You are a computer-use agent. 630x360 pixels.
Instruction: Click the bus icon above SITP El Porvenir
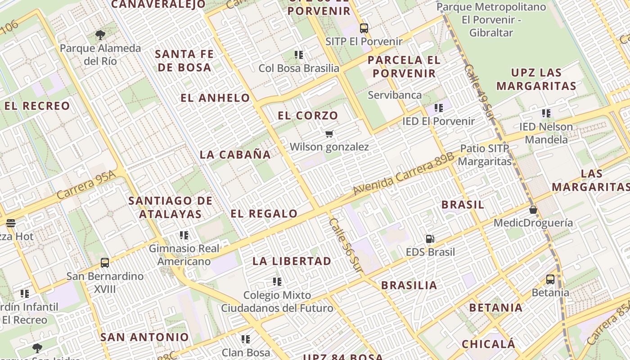click(364, 28)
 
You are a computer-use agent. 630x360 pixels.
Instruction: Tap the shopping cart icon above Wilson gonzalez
click(329, 134)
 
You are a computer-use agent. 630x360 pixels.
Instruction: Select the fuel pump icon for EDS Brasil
click(430, 239)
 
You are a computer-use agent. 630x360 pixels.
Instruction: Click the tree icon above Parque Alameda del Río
click(100, 35)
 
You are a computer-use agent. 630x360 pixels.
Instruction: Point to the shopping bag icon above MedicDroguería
click(533, 210)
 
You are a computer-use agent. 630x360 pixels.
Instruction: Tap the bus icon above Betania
click(550, 279)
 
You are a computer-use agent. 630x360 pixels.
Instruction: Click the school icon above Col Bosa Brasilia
click(299, 55)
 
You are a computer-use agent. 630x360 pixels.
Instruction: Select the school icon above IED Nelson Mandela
click(546, 113)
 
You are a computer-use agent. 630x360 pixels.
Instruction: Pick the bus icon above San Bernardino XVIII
click(105, 263)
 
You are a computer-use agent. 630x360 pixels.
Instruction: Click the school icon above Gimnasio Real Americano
click(184, 235)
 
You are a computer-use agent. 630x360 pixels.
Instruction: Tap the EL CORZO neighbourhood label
click(308, 116)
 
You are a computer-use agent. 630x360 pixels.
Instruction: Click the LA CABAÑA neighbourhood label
click(235, 155)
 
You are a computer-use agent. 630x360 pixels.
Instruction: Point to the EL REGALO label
click(264, 214)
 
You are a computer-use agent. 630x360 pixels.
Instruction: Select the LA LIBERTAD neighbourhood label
click(292, 261)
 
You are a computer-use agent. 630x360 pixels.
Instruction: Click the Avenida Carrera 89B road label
click(403, 174)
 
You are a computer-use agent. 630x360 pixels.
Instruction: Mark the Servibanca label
click(395, 95)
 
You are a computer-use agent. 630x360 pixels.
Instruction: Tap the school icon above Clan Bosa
click(246, 339)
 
